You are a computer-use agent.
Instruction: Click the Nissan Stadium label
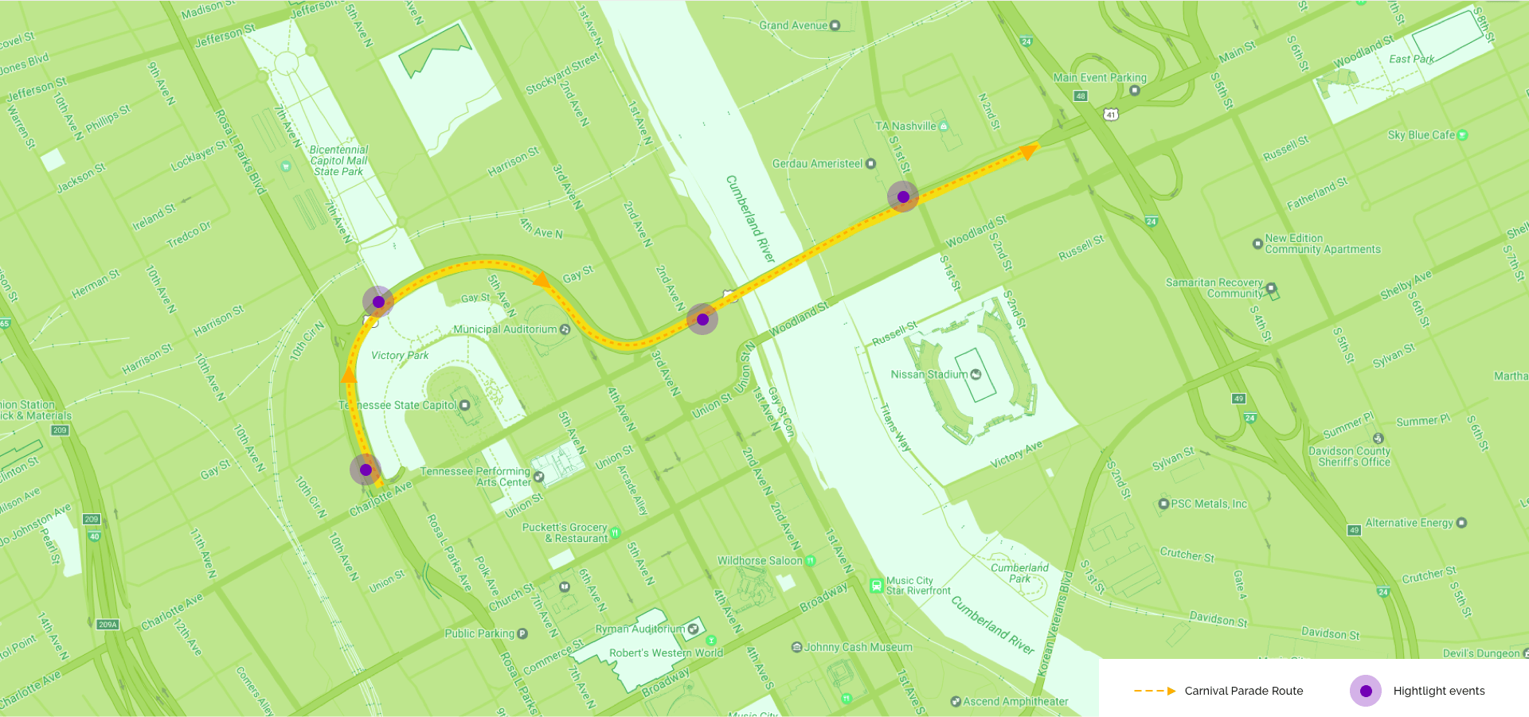tap(929, 375)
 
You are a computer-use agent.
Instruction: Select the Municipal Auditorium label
tap(505, 329)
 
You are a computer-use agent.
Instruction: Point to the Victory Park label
tap(400, 356)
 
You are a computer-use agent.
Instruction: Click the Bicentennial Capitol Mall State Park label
tap(338, 161)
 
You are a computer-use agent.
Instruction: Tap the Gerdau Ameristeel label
tap(817, 164)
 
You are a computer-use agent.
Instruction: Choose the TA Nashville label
tap(905, 127)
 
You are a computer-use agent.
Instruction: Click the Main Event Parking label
tap(1100, 78)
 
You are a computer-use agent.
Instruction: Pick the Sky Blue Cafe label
tap(1421, 135)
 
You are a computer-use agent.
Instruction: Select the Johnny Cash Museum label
tap(858, 647)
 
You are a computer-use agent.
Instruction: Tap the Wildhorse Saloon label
tap(760, 561)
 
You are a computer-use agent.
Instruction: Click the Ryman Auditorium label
tap(639, 629)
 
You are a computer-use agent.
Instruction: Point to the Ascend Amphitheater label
tap(1015, 701)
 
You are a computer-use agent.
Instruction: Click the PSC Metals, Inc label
tap(1208, 504)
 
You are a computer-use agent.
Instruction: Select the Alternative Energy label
tap(1409, 523)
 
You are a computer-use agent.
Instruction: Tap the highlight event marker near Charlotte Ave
tap(366, 470)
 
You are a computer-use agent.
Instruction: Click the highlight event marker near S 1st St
tap(903, 197)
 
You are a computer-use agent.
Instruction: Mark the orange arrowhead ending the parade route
tap(1030, 150)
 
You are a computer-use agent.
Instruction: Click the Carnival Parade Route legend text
tap(1243, 691)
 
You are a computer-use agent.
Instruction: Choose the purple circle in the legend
tap(1366, 691)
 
